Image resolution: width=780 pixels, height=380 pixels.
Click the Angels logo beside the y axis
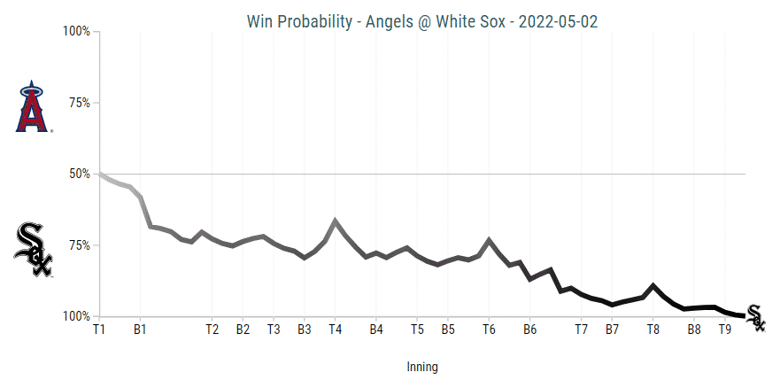(33, 107)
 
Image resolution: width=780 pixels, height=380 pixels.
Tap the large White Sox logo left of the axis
(34, 250)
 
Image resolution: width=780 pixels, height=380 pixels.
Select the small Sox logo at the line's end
(755, 316)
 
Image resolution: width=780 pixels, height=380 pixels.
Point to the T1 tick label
(99, 330)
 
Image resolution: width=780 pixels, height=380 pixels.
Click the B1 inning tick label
(140, 330)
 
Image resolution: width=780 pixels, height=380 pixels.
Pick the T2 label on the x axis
(212, 330)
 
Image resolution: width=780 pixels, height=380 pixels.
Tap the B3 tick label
(304, 330)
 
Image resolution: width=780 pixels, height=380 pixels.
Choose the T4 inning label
(335, 330)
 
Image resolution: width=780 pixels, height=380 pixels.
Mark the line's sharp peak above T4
(335, 220)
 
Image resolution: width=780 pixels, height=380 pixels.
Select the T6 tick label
(488, 330)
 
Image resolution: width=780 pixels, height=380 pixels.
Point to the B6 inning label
(529, 330)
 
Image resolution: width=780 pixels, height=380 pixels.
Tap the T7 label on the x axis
(582, 330)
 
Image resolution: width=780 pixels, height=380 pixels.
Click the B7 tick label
(612, 330)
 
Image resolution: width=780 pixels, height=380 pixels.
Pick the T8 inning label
(653, 330)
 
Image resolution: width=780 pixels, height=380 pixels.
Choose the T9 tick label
(724, 330)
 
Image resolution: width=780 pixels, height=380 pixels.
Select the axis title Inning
(422, 366)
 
